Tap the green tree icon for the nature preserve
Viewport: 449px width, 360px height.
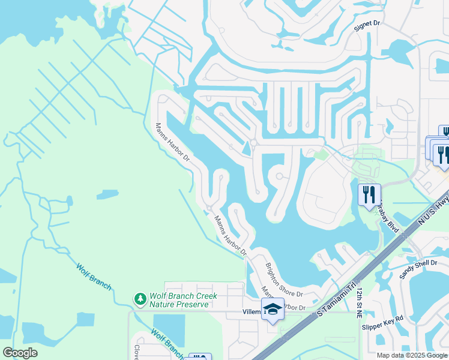pyautogui.click(x=140, y=298)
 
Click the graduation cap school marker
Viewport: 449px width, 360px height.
pyautogui.click(x=273, y=309)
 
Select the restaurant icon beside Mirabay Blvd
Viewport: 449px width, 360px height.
pyautogui.click(x=369, y=194)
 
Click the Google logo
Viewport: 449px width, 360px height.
pyautogui.click(x=20, y=352)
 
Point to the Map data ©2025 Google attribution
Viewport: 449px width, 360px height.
pyautogui.click(x=412, y=355)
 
